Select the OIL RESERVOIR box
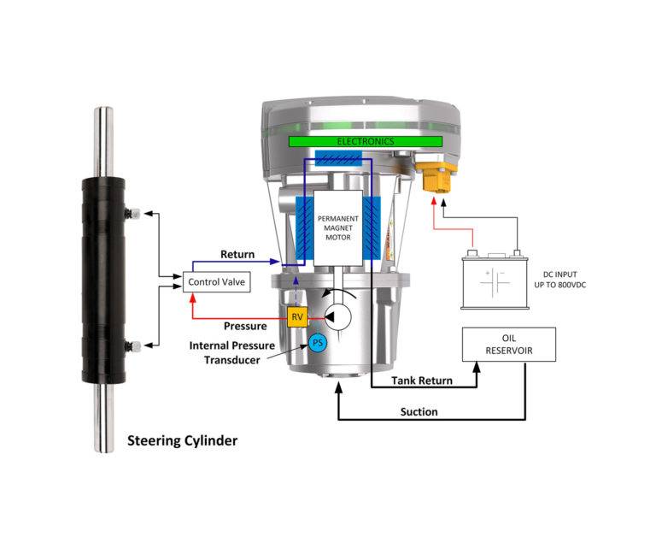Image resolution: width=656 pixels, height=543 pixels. coord(510,343)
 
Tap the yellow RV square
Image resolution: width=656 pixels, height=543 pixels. coord(297,317)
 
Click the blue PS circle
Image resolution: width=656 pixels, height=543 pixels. coord(317,343)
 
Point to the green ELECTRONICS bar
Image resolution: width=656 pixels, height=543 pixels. coord(365,140)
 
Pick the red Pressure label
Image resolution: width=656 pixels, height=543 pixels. coord(245,326)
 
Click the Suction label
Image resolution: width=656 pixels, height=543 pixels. coord(419,412)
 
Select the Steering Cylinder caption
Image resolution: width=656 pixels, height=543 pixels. coord(182,441)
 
